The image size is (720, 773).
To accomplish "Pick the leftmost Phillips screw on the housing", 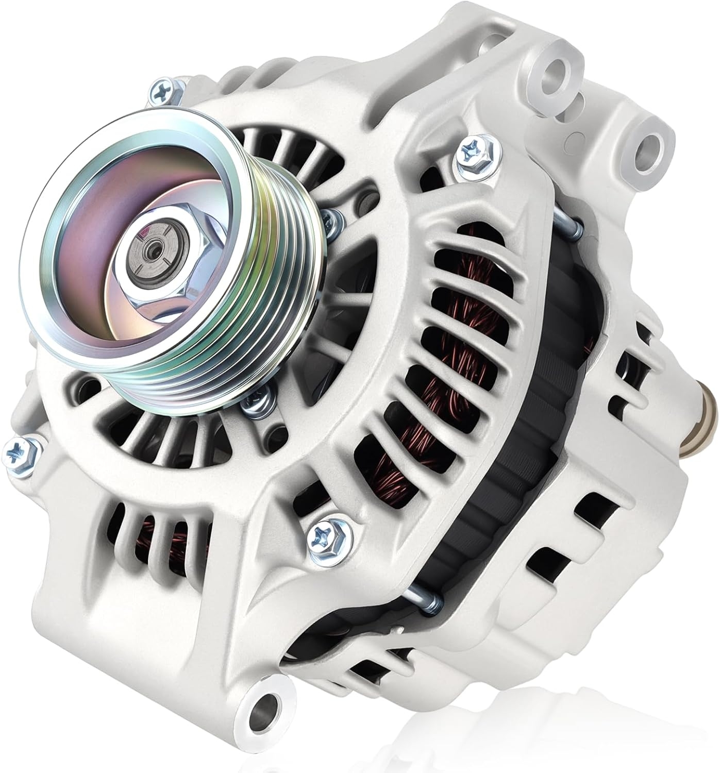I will (21, 448).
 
